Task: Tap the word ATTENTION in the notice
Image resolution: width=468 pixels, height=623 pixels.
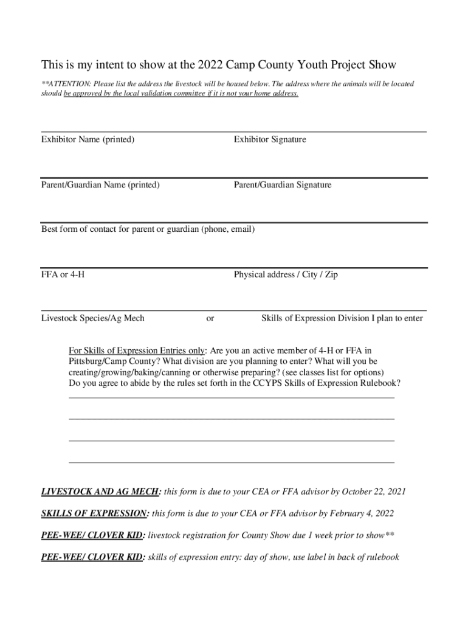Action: point(68,84)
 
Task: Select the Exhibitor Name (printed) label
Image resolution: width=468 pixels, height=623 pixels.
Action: point(88,140)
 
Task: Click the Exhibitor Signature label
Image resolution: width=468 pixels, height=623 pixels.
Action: point(270,140)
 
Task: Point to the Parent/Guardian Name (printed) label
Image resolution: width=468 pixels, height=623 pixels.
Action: point(100,185)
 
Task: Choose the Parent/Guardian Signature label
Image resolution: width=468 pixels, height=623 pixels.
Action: point(283,185)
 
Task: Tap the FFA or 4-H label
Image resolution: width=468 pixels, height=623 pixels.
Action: point(63,274)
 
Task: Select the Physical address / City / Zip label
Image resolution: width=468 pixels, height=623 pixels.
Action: point(286,274)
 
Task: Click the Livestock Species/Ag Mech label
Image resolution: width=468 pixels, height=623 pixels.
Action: point(92,318)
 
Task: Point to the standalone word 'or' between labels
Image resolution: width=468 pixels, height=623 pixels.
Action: point(210,318)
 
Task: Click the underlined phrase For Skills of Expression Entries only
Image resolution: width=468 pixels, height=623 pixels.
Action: point(137,350)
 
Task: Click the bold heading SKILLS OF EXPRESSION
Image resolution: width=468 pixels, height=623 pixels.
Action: point(95,513)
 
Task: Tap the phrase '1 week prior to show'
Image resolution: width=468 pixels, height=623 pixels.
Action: point(343,535)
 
